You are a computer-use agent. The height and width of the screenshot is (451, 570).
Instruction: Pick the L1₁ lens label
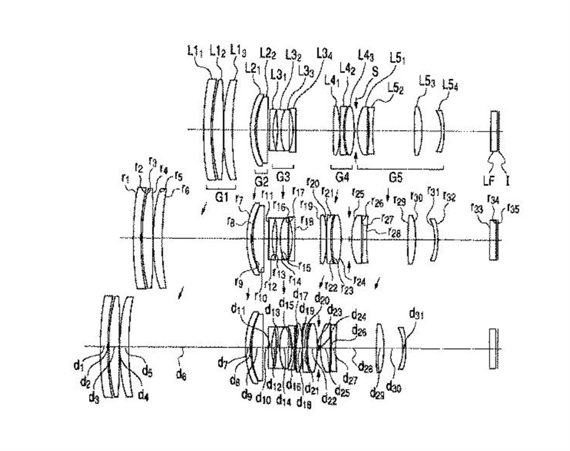click(196, 50)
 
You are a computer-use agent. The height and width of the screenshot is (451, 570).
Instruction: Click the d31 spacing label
click(418, 313)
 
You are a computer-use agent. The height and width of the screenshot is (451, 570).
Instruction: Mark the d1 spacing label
click(78, 365)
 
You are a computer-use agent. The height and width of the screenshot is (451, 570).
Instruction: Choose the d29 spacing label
click(377, 393)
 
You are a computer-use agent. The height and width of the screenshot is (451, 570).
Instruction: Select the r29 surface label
click(399, 201)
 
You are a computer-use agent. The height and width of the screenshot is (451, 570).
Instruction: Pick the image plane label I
click(508, 179)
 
